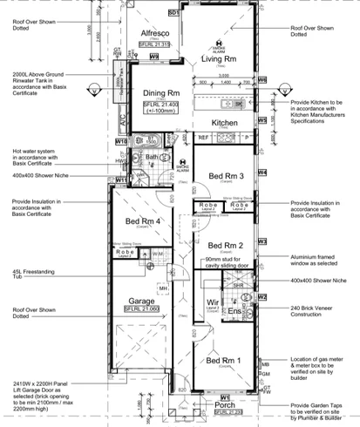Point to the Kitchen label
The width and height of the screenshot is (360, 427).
[224, 124]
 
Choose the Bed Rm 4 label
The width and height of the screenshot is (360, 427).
[144, 221]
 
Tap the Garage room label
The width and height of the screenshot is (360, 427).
[142, 300]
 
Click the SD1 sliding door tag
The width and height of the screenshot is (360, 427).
[173, 15]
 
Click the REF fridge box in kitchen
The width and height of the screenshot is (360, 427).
[202, 138]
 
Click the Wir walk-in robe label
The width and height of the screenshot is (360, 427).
[210, 304]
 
